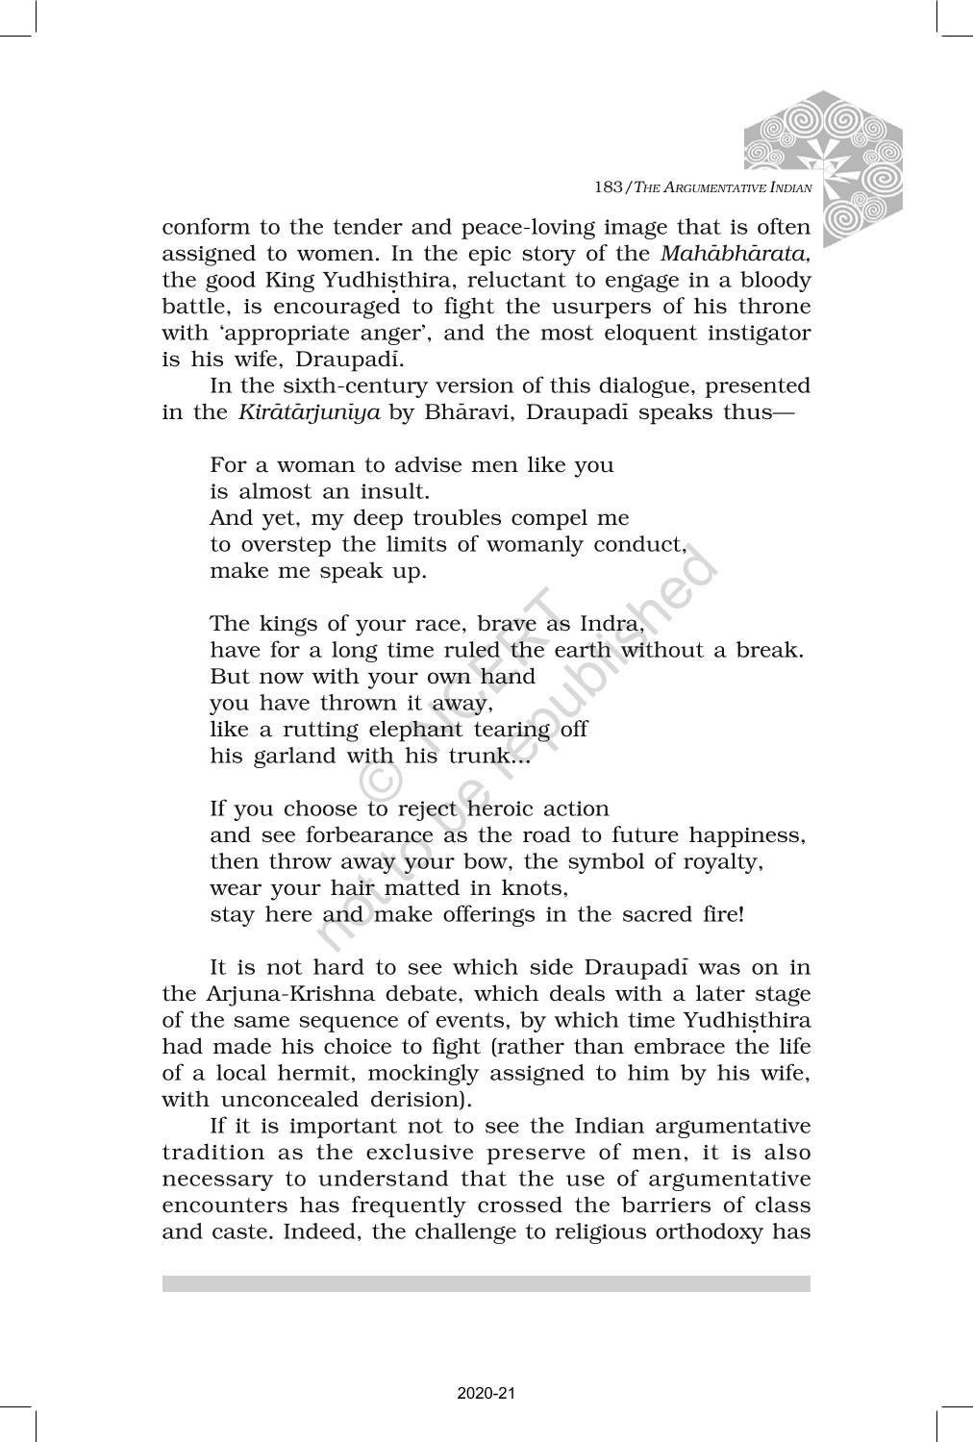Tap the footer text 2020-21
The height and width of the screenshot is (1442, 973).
pyautogui.click(x=486, y=1393)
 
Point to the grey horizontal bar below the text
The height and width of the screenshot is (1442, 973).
pyautogui.click(x=486, y=1283)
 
